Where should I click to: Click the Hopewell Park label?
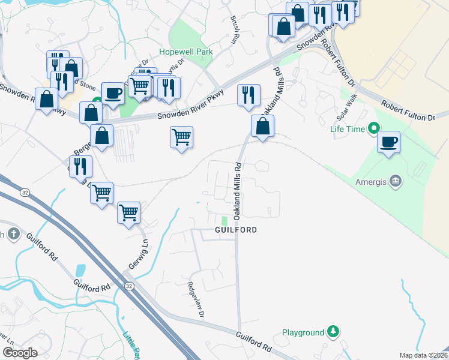pyautogui.click(x=186, y=52)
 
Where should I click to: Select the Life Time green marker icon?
pyautogui.click(x=373, y=128)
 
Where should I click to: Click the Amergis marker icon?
pyautogui.click(x=396, y=181)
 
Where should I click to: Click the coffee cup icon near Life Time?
pyautogui.click(x=389, y=142)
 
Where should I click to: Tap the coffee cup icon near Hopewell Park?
pyautogui.click(x=113, y=93)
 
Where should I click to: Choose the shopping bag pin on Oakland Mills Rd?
pyautogui.click(x=262, y=126)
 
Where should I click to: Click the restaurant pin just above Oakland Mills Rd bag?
pyautogui.click(x=248, y=95)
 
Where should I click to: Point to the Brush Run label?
pyautogui.click(x=234, y=30)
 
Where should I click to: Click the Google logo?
pyautogui.click(x=20, y=353)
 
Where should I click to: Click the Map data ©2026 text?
pyautogui.click(x=423, y=355)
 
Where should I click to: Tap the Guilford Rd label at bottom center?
pyautogui.click(x=254, y=343)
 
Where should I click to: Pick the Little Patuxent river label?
pyautogui.click(x=130, y=344)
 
